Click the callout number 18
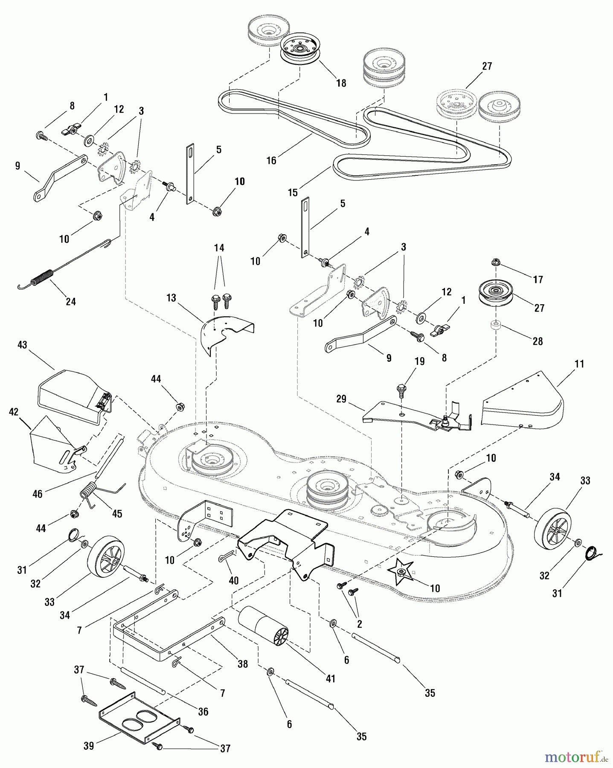coord(341,83)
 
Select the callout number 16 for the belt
coord(271,160)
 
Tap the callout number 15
coord(292,192)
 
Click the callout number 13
coord(171,298)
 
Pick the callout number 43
coord(22,345)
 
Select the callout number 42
coord(14,412)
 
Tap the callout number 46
coord(38,494)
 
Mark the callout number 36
coord(203,712)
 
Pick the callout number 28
coord(537,341)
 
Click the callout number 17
coord(538,279)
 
